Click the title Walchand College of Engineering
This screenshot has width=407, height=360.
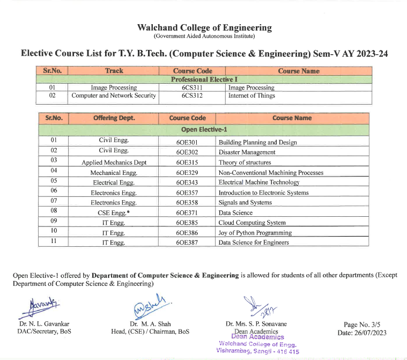click(204, 28)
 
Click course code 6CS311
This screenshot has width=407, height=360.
click(192, 87)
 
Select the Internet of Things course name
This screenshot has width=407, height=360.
click(251, 96)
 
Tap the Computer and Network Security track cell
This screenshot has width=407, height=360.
click(114, 96)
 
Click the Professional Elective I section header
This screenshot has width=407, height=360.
click(204, 79)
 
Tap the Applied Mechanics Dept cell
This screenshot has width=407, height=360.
click(114, 163)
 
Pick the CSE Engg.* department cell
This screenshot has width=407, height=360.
click(114, 213)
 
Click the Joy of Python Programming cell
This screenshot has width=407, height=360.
click(255, 233)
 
